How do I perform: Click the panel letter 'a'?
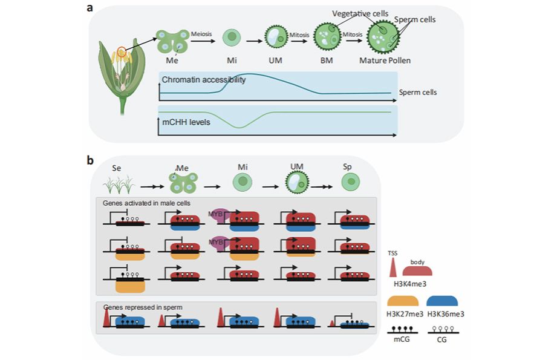tap(90, 7)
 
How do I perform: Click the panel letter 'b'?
tap(90, 160)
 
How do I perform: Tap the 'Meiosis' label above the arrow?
tap(201, 34)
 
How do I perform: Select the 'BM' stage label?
tap(327, 61)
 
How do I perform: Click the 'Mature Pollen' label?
tap(385, 61)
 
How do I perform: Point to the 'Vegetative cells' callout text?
tap(360, 14)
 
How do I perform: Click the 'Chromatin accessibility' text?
tap(203, 79)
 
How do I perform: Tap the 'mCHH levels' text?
tap(186, 122)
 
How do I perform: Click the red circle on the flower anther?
tap(122, 51)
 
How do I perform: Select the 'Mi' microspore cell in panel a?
tap(232, 38)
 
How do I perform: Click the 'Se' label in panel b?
tap(117, 168)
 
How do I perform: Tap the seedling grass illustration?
tap(119, 184)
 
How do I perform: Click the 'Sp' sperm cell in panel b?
tap(351, 182)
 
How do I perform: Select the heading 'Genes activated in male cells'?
tap(146, 203)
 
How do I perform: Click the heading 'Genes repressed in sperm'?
tap(143, 307)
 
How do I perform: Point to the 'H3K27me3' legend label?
tap(405, 314)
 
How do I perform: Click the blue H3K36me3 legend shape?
tap(442, 301)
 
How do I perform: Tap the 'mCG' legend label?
tap(402, 339)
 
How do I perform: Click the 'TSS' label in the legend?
tap(393, 253)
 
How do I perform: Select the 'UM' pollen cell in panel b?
tap(297, 182)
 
